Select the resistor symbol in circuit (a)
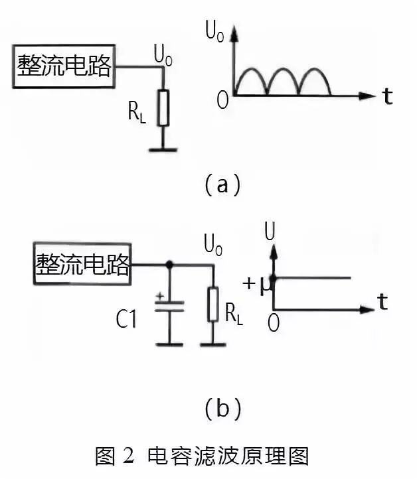[x=163, y=107]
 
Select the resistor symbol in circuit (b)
[x=213, y=304]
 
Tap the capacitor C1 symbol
[x=169, y=307]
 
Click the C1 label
[x=126, y=320]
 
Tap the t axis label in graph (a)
[x=387, y=96]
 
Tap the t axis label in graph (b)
[x=382, y=303]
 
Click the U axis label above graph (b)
[x=270, y=232]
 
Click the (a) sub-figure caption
[x=222, y=184]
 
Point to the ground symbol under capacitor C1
[x=169, y=343]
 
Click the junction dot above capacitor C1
[x=169, y=265]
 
